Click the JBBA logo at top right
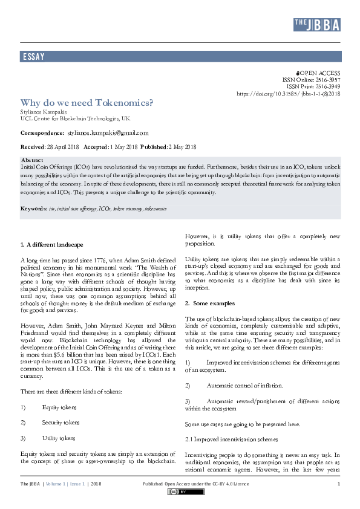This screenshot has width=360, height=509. tap(316, 24)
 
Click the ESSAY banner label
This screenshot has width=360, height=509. tap(34, 57)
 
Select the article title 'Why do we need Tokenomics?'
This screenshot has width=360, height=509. tap(87, 102)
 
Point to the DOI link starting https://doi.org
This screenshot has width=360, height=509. tap(288, 94)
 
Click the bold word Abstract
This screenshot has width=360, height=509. tap(31, 160)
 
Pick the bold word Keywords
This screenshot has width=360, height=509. tap(34, 209)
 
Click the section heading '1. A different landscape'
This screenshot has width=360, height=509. tap(51, 245)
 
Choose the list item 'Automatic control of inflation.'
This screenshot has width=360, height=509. tap(244, 385)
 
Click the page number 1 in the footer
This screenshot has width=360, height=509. tap(338, 484)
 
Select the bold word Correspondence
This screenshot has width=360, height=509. tap(42, 132)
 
